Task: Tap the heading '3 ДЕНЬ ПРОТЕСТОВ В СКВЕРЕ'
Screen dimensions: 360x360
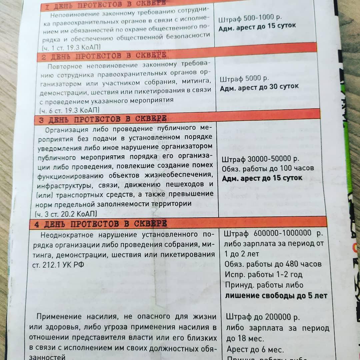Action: (x=103, y=119)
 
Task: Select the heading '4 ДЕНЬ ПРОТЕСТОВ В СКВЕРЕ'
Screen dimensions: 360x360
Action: (x=101, y=224)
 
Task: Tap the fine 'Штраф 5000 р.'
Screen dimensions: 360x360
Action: (x=244, y=79)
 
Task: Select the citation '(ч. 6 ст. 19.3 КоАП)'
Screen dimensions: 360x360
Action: (x=69, y=110)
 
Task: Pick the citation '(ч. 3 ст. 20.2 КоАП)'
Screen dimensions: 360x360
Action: (x=66, y=213)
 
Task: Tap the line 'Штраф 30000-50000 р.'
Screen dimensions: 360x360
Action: (x=260, y=159)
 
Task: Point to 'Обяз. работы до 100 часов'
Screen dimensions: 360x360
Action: (x=268, y=168)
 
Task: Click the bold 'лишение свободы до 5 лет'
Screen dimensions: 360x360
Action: (x=276, y=295)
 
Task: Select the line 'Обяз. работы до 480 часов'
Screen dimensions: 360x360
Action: (x=273, y=264)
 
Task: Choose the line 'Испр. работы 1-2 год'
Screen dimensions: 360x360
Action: (x=264, y=274)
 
